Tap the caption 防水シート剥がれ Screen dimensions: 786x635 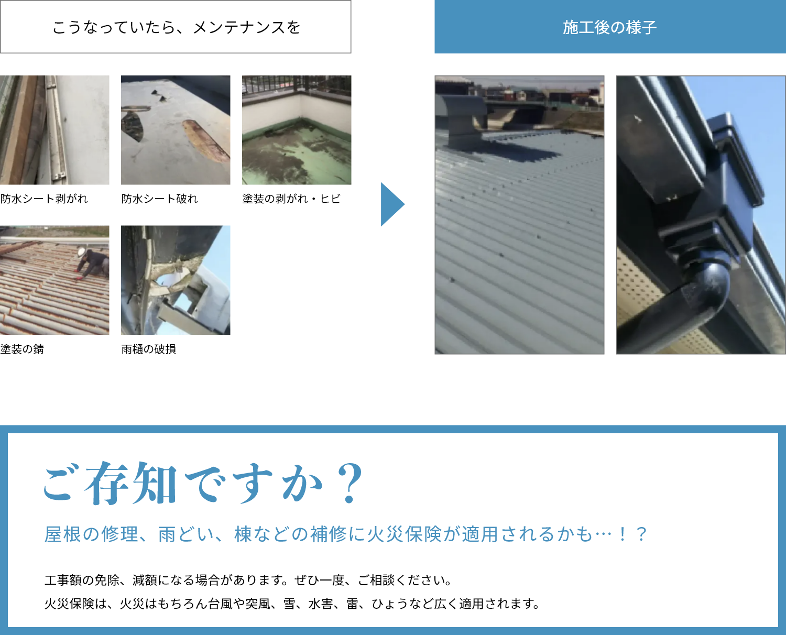[44, 199]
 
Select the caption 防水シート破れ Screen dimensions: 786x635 [159, 199]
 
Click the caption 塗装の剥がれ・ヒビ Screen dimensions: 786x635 [291, 199]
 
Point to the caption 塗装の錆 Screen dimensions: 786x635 [22, 349]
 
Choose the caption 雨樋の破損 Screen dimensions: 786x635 [148, 349]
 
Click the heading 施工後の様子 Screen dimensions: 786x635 [609, 27]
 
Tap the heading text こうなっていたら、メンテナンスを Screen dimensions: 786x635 [176, 27]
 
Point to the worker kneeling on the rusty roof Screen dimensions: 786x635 [92, 264]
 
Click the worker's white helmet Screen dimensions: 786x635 [81, 252]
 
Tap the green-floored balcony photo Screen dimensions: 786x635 [297, 130]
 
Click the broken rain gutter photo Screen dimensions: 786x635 [176, 280]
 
